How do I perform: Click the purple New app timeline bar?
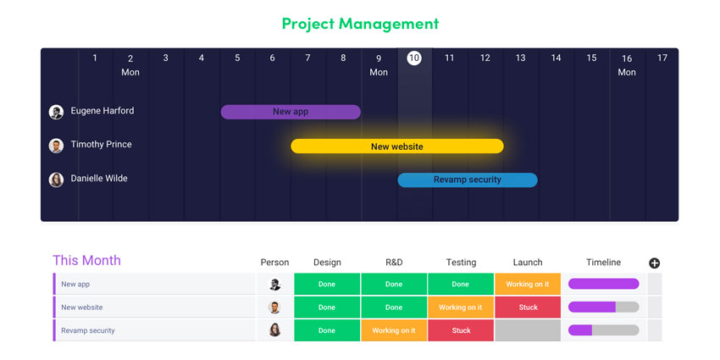point(291,112)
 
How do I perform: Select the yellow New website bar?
point(397,147)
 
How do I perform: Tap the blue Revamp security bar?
point(468,180)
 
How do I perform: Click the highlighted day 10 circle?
point(414,58)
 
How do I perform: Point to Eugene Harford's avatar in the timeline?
point(56,112)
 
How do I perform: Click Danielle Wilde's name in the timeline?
point(99,179)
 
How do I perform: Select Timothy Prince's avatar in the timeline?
point(56,146)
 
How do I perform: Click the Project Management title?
point(361,24)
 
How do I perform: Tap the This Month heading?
point(86,260)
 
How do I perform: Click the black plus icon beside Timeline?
point(654,263)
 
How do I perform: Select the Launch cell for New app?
point(528,285)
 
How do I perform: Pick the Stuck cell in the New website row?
point(528,307)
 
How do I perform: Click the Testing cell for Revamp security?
point(461,330)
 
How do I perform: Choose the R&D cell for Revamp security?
point(394,330)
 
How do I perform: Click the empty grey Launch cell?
point(528,330)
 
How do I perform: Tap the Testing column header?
point(461,263)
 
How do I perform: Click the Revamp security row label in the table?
point(88,330)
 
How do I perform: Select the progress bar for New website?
point(603,307)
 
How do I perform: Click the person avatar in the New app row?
point(274,285)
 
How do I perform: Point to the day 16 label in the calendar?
point(627,58)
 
